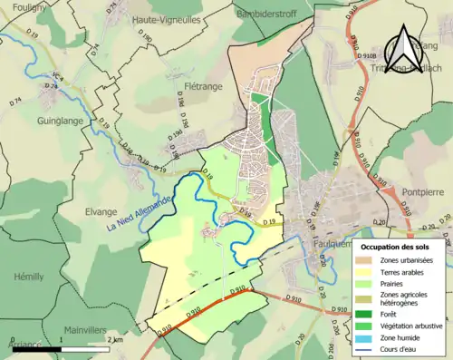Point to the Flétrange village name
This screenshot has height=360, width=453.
click(204, 89)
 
